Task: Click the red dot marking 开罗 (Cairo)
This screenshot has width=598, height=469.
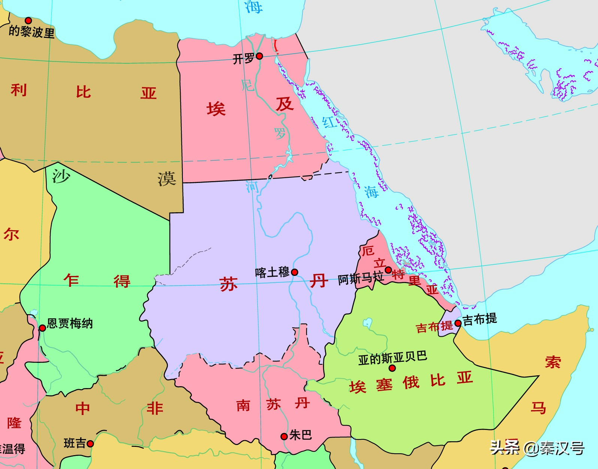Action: coord(259,56)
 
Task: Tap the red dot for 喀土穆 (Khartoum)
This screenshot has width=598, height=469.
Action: coord(295,272)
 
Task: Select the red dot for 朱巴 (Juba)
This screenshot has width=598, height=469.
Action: coord(284,436)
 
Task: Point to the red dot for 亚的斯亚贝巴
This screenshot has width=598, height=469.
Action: coord(392,368)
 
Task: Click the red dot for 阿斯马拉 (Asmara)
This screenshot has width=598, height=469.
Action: coord(389,270)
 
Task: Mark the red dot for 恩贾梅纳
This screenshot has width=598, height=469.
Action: coord(42,328)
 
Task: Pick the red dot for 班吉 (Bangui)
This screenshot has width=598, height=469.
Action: coord(90,444)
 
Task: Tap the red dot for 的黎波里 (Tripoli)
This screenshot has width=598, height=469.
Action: coord(28,21)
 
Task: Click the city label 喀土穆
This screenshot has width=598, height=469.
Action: coord(272,272)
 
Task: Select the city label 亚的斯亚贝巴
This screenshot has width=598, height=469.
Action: coord(392,358)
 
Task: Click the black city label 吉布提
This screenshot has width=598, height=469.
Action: coord(480,319)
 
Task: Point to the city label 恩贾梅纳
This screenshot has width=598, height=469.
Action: coord(70,323)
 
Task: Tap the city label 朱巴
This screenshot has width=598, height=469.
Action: coord(300,435)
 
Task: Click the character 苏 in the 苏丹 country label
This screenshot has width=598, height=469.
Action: coord(229,284)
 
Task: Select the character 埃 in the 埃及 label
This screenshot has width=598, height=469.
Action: coord(216,109)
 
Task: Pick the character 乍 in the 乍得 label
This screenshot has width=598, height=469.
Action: coord(72,280)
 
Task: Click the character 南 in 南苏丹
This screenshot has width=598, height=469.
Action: coord(243,405)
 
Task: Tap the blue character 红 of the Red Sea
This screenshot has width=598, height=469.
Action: coord(329,122)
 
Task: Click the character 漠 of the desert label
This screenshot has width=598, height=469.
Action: coord(167,178)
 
